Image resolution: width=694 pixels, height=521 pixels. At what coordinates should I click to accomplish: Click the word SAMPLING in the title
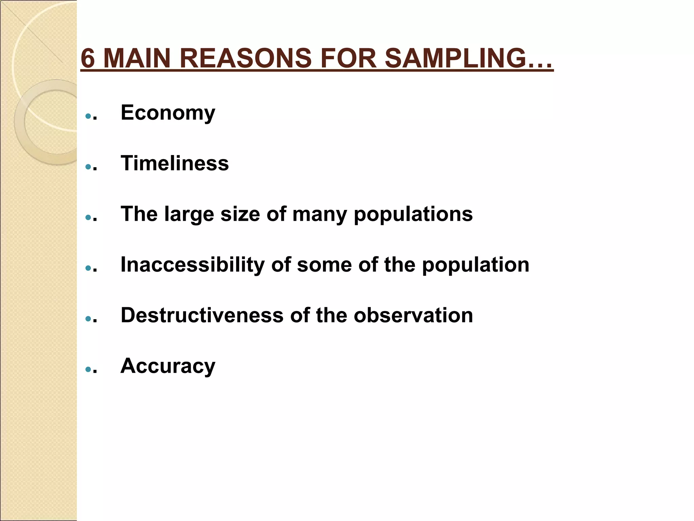pyautogui.click(x=469, y=58)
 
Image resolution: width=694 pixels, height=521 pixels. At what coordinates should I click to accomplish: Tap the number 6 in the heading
pyautogui.click(x=88, y=58)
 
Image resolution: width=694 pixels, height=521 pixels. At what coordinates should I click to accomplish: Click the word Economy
pyautogui.click(x=168, y=113)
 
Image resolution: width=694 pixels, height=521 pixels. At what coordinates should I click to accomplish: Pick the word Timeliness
pyautogui.click(x=175, y=163)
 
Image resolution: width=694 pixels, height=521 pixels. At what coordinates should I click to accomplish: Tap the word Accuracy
pyautogui.click(x=168, y=366)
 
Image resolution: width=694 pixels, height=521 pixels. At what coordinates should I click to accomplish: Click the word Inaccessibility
pyautogui.click(x=192, y=265)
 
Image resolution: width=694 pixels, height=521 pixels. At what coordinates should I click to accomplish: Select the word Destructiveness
pyautogui.click(x=202, y=315)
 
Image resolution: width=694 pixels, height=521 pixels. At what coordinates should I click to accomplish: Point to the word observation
pyautogui.click(x=413, y=315)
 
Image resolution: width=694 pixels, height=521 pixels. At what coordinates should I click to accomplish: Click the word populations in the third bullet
pyautogui.click(x=413, y=214)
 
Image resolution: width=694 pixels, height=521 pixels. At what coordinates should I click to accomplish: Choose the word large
pyautogui.click(x=189, y=214)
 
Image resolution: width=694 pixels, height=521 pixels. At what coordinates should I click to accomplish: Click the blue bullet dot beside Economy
pyautogui.click(x=88, y=116)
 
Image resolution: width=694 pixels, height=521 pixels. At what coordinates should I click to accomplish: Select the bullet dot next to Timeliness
pyautogui.click(x=88, y=167)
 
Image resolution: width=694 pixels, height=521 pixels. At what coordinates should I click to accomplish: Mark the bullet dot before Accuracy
pyautogui.click(x=88, y=369)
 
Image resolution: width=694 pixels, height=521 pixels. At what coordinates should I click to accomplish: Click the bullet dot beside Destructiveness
pyautogui.click(x=88, y=319)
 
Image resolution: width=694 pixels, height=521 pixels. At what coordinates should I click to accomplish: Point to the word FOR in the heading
pyautogui.click(x=348, y=58)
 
